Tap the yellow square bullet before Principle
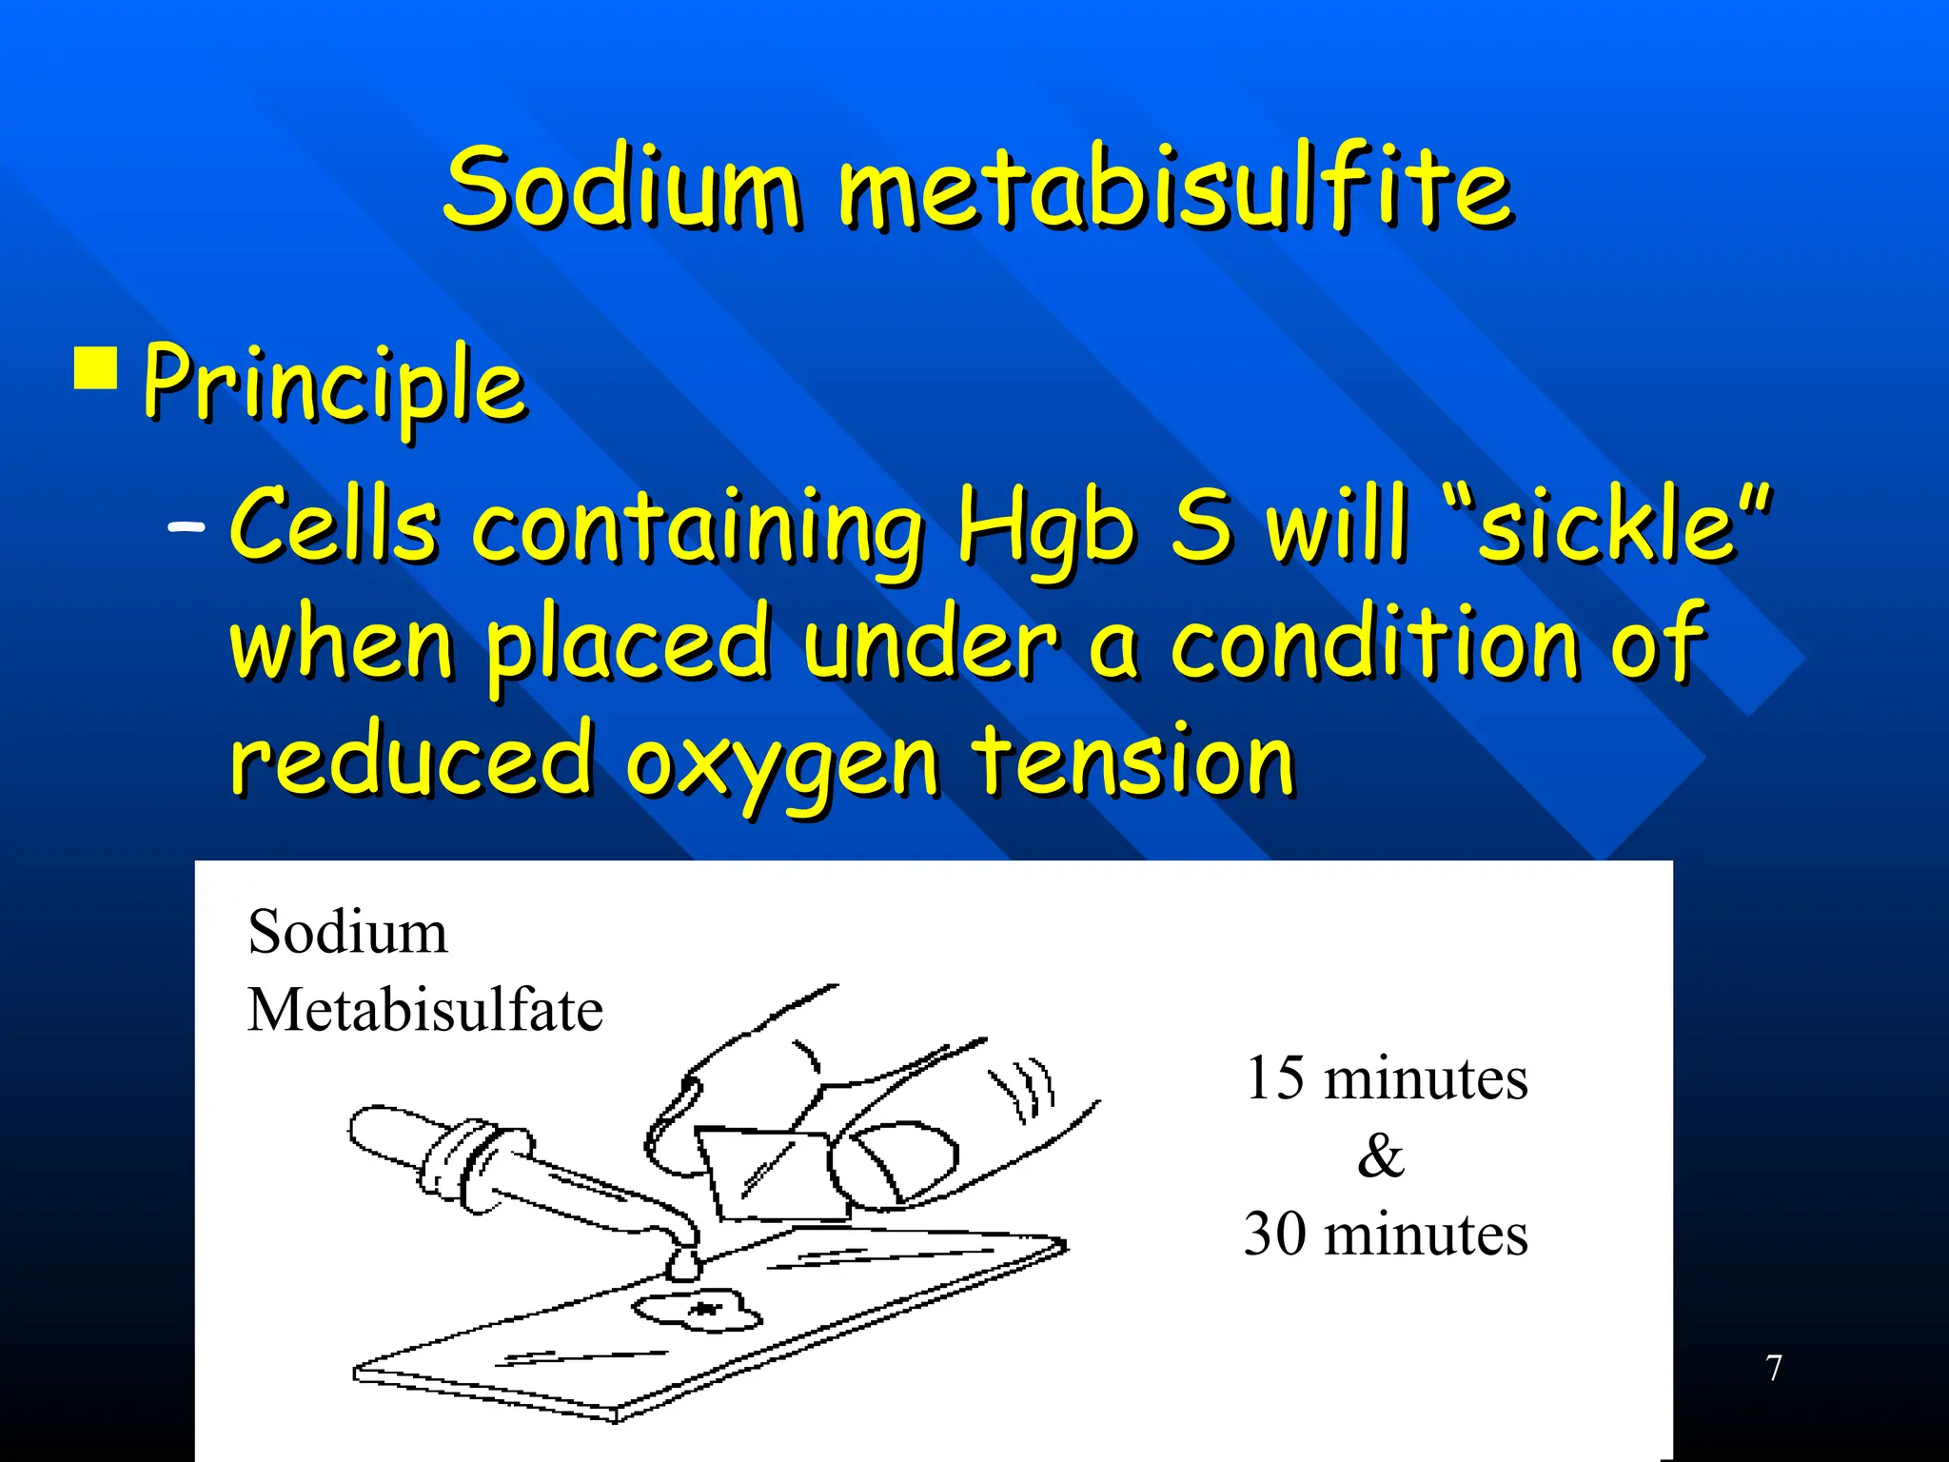95,369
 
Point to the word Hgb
1045,529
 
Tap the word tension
1132,761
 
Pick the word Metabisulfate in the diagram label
424,1010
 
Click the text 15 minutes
1386,1078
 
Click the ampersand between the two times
1380,1156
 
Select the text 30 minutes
1386,1235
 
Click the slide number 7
1773,1368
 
